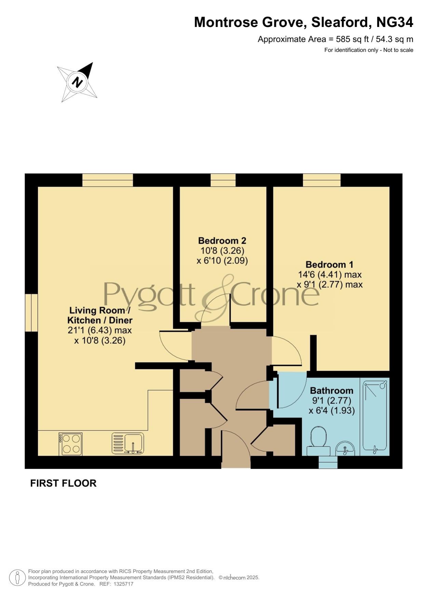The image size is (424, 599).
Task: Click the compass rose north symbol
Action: pos(78,82)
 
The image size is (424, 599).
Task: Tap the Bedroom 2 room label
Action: pos(222,241)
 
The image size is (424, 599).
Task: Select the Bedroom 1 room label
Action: pos(329,265)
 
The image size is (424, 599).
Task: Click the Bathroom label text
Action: pos(331,390)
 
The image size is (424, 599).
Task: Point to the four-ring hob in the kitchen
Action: pos(71,444)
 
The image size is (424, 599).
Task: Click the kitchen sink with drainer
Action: pos(128,444)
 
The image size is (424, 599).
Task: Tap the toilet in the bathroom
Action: pos(318,441)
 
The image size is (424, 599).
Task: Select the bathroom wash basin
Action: pos(345,448)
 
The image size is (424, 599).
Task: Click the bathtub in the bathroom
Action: pos(375,417)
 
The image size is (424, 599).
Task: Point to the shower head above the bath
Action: pos(383,386)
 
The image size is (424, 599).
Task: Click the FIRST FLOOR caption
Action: pos(64,483)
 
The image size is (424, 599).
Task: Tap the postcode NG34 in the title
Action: pos(395,22)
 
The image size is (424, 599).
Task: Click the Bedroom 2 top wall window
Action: pos(223,180)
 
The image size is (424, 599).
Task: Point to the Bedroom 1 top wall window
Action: pos(322,180)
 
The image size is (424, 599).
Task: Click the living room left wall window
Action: pos(31,313)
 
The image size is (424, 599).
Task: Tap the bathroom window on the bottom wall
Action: pos(328,462)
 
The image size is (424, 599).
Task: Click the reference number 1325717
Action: pos(123,584)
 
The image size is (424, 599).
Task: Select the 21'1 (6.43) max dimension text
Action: pos(99,330)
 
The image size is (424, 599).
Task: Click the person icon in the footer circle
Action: pos(17,578)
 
